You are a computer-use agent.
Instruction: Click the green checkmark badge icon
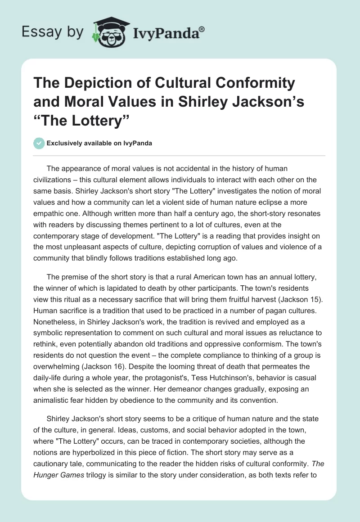pyautogui.click(x=39, y=144)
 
